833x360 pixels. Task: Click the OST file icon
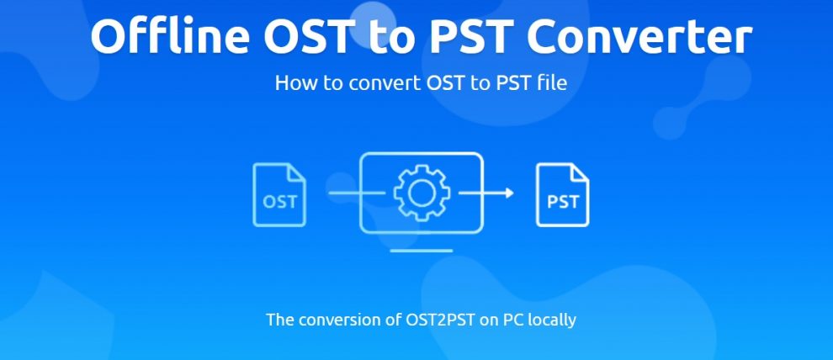coord(279,195)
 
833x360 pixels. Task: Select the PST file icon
coord(563,195)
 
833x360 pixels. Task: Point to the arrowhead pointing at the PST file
coord(509,193)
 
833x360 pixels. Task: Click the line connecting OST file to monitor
coord(357,193)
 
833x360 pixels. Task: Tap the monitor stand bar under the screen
coord(422,251)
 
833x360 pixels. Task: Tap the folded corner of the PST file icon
coord(580,172)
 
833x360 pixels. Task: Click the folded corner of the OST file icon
coord(296,172)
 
